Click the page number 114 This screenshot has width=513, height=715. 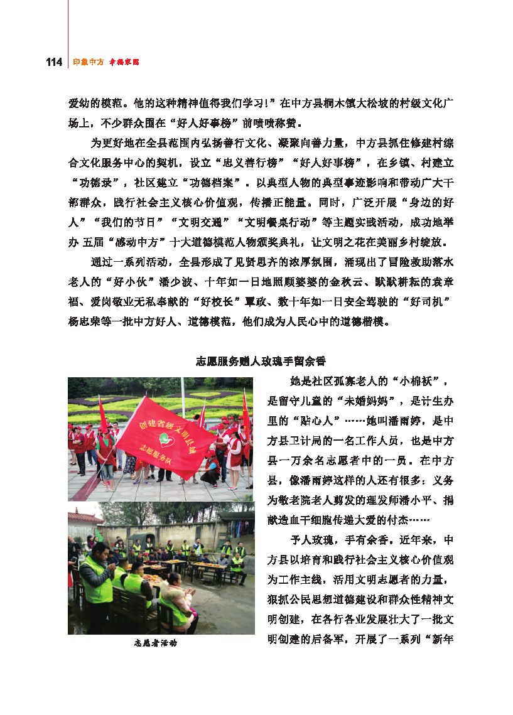coord(53,62)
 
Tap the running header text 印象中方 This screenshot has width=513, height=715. coord(88,62)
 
